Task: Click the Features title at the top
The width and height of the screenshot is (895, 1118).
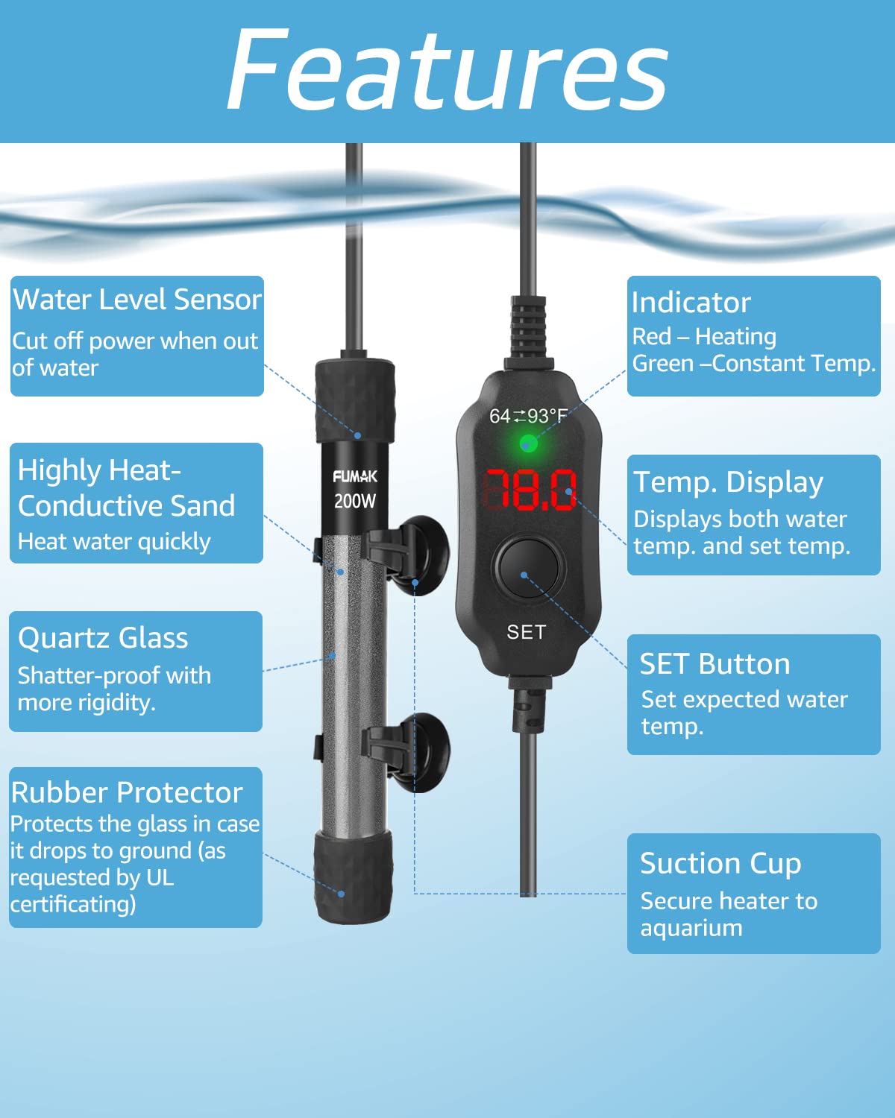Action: point(447,70)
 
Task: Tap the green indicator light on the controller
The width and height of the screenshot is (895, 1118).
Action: point(528,443)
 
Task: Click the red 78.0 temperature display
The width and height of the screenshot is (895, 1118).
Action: point(530,490)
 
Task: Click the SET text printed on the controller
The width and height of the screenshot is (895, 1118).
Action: point(527,632)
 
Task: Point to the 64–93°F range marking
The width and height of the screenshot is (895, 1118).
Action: point(528,416)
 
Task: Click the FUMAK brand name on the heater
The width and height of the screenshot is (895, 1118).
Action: point(355,476)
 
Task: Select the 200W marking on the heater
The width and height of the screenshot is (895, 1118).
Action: point(355,502)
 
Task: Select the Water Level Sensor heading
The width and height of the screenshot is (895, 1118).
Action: point(137,299)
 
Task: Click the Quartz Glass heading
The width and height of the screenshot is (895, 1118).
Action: point(103,638)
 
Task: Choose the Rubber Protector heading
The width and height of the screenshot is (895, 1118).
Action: point(127,793)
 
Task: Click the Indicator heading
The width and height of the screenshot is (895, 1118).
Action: point(691,303)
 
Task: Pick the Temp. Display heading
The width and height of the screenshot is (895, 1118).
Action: point(729,483)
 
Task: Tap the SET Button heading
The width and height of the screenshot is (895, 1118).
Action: point(715,664)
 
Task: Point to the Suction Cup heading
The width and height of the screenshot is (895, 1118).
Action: point(720,863)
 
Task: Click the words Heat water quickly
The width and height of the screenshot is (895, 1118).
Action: point(114,542)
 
